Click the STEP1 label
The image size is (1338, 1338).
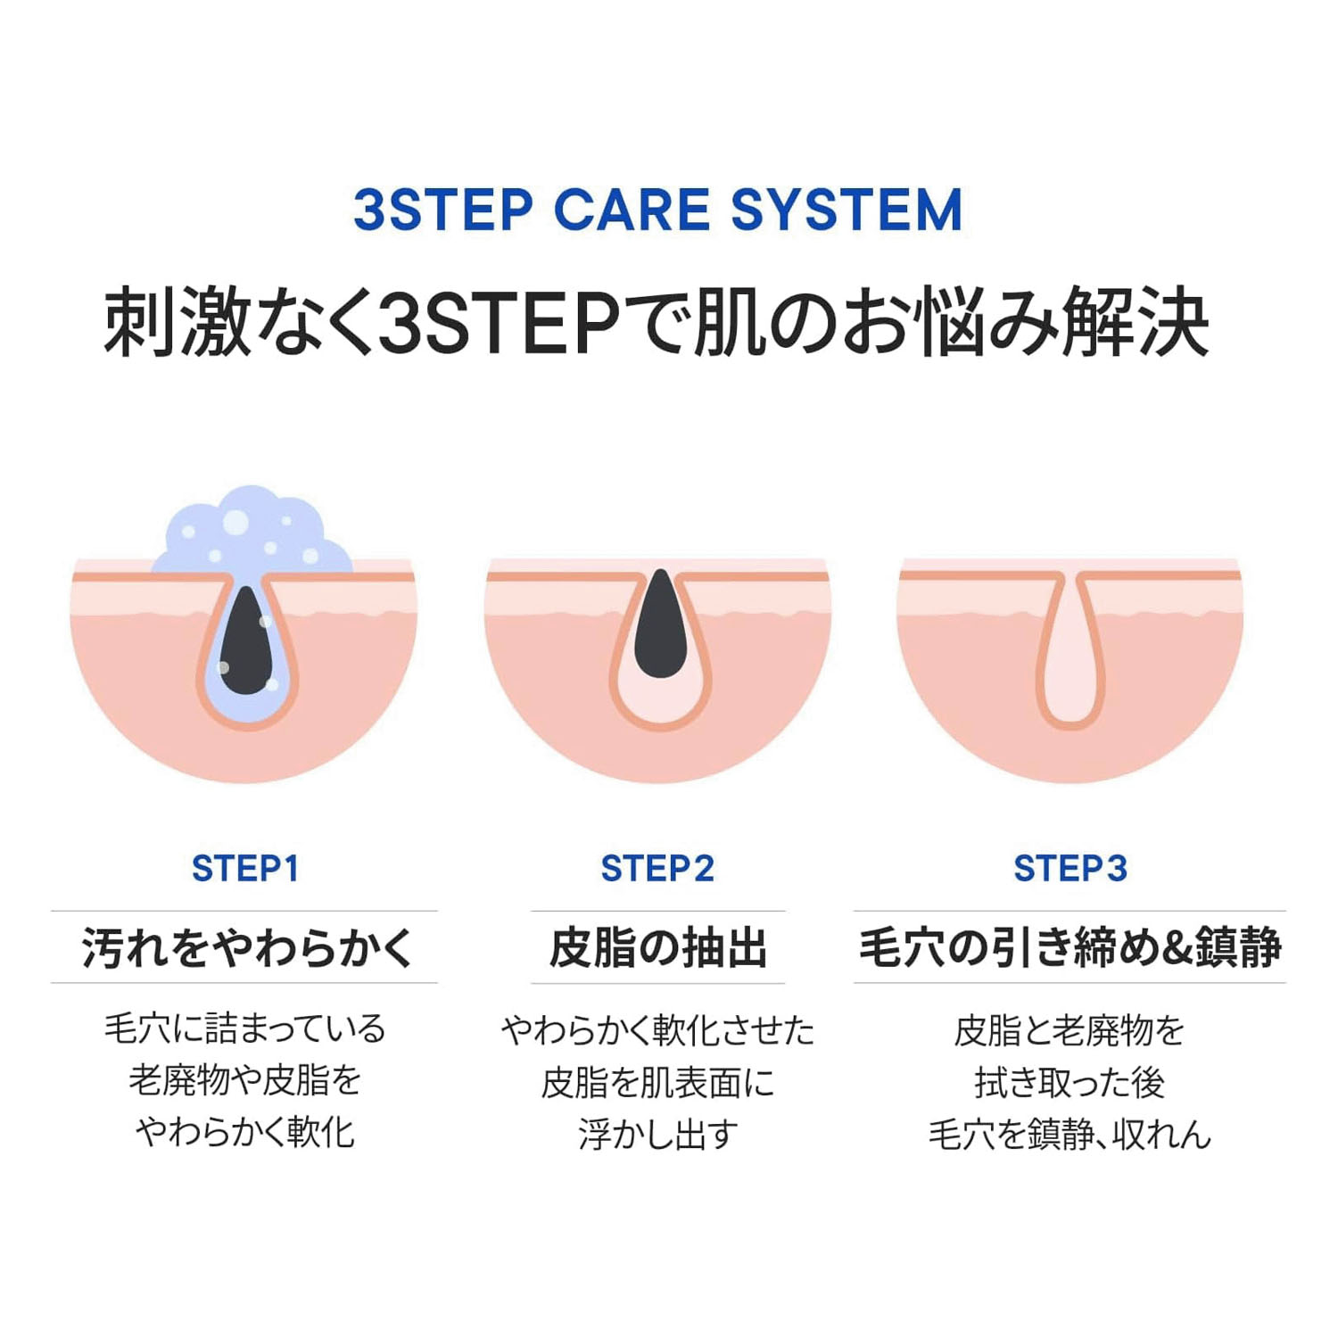pyautogui.click(x=245, y=868)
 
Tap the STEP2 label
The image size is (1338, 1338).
pyautogui.click(x=657, y=868)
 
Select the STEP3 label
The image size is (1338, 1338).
pyautogui.click(x=1070, y=868)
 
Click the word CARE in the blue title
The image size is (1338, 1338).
pyautogui.click(x=632, y=211)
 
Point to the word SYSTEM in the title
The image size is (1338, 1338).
pyautogui.click(x=847, y=211)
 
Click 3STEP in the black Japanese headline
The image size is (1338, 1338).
pyautogui.click(x=500, y=322)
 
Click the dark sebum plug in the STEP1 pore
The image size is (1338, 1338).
pyautogui.click(x=245, y=640)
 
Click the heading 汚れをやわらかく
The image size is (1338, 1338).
pyautogui.click(x=247, y=947)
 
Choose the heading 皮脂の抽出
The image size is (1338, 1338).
pyautogui.click(x=658, y=947)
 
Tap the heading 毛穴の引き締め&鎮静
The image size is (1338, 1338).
pyautogui.click(x=1070, y=947)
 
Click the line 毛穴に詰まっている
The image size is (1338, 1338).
pyautogui.click(x=245, y=1028)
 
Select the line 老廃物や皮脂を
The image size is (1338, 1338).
pyautogui.click(x=245, y=1080)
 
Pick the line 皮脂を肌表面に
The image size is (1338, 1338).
pyautogui.click(x=658, y=1083)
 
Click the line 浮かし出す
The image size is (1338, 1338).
pyautogui.click(x=658, y=1135)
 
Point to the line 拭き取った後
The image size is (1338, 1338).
pyautogui.click(x=1070, y=1083)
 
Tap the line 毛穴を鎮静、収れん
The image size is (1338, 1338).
pyautogui.click(x=1070, y=1135)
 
